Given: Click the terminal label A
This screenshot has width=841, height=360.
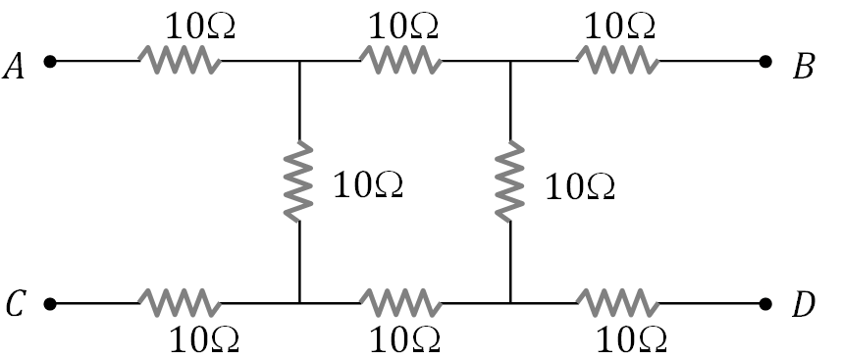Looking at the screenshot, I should (x=17, y=66).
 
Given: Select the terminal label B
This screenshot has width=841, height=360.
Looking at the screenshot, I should (x=804, y=66).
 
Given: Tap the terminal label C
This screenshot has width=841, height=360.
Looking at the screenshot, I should (x=16, y=306).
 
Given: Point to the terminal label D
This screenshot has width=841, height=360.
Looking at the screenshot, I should (x=804, y=306).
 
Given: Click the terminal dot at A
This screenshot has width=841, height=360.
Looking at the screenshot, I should (x=50, y=62).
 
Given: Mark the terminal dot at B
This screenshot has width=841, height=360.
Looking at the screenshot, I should (x=766, y=62).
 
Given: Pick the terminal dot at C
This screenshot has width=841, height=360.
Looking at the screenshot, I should (x=50, y=303).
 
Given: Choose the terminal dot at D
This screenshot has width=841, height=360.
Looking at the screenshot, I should (x=766, y=303).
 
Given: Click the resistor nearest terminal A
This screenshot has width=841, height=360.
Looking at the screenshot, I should (x=179, y=62).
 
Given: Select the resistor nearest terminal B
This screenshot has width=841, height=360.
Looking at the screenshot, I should (x=617, y=62).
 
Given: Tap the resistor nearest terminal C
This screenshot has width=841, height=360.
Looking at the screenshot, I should (x=179, y=302).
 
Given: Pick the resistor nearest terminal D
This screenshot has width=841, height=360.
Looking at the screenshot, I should (x=617, y=302).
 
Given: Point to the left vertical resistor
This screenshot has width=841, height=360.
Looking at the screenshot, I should (x=298, y=181).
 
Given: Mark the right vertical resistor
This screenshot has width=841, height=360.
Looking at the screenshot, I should (x=510, y=181).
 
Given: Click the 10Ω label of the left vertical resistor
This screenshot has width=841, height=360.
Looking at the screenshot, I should (x=368, y=183).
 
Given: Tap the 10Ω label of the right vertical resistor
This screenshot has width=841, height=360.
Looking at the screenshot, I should (x=579, y=185).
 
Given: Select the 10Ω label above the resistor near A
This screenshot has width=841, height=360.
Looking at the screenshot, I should (x=198, y=26).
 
